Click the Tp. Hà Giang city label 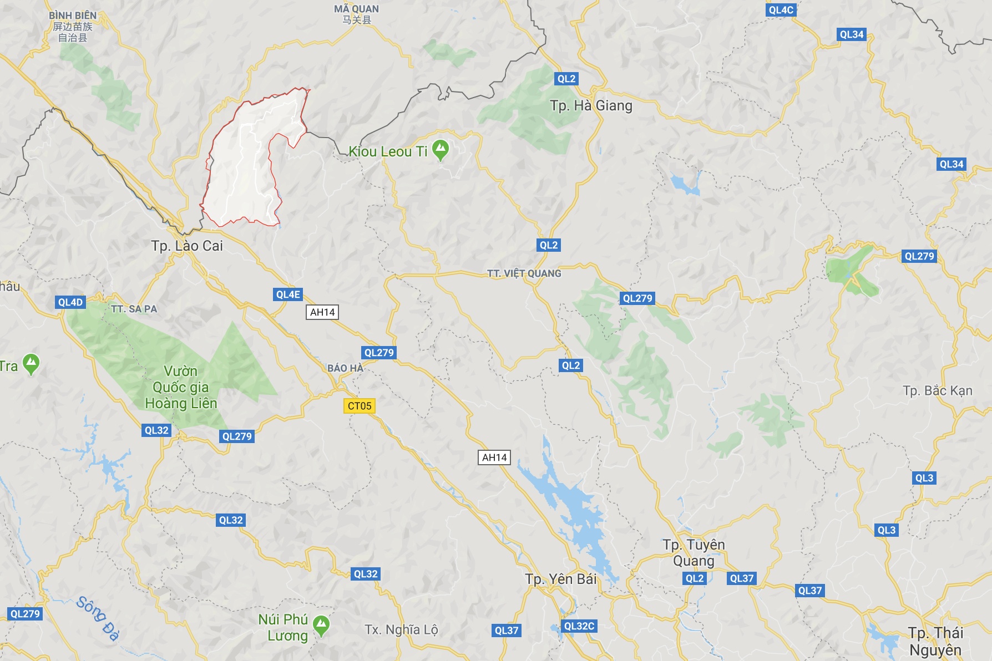tap(591, 105)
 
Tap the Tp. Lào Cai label tap(187, 246)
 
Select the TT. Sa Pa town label tap(134, 309)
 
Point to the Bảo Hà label tap(345, 368)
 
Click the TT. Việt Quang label tap(524, 273)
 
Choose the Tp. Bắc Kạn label tap(937, 390)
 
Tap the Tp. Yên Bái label tap(560, 579)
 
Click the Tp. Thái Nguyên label tap(935, 641)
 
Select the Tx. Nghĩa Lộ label tap(401, 629)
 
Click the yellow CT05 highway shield tap(360, 406)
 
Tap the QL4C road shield tap(781, 10)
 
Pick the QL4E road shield tap(288, 294)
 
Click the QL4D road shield tap(70, 302)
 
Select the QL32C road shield tap(579, 626)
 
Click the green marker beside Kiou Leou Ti tap(441, 149)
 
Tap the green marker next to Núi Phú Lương tap(321, 625)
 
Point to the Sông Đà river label tap(98, 618)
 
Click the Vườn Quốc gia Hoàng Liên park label tap(181, 387)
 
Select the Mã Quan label tap(356, 14)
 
